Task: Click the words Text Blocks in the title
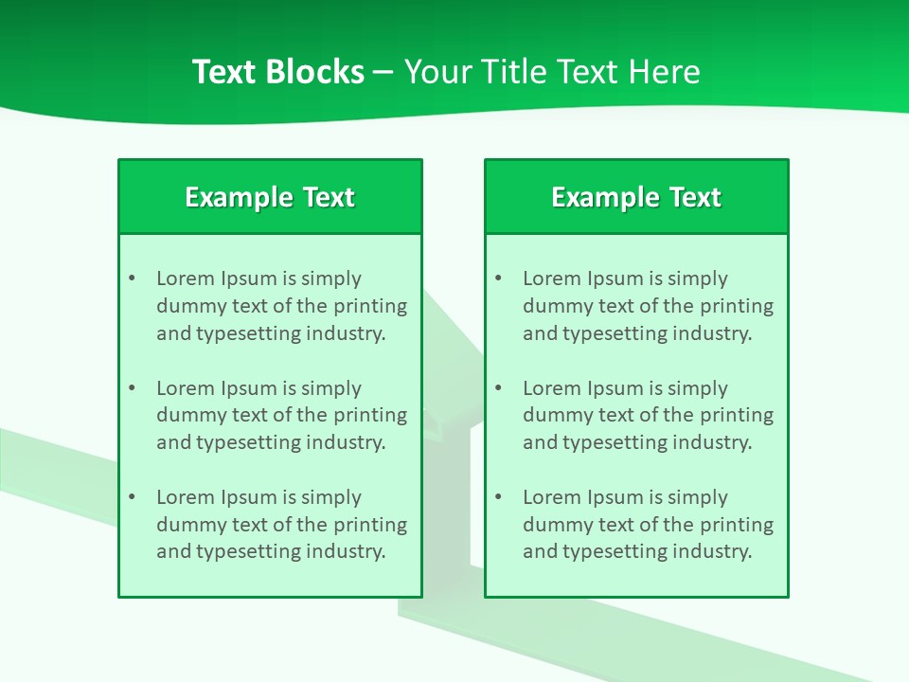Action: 277,72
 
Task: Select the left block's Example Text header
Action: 270,197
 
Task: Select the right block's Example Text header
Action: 636,197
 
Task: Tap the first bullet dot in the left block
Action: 132,278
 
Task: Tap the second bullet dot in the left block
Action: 132,388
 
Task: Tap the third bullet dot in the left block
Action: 132,497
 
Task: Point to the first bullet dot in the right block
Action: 498,278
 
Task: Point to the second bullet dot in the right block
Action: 498,388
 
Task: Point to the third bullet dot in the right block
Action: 498,497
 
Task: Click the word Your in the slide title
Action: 438,72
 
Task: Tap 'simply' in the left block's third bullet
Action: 331,497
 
